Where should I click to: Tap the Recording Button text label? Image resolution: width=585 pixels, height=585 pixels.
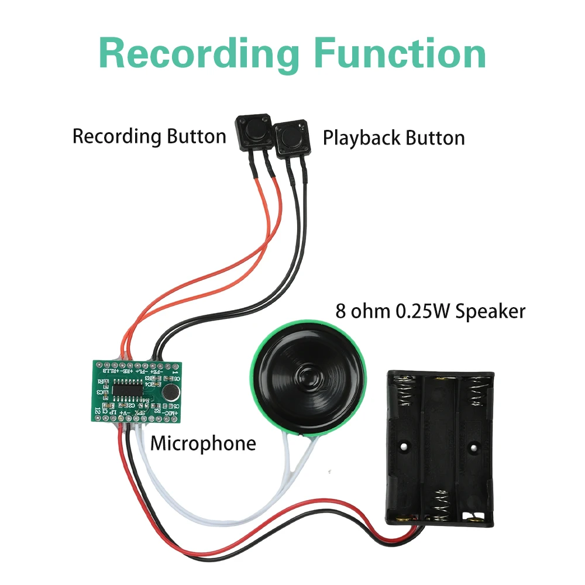tap(149, 136)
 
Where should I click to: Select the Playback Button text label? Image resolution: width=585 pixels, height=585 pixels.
tap(394, 138)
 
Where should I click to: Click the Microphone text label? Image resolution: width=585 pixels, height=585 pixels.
tap(203, 443)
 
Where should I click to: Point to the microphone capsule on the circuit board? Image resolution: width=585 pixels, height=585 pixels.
tap(171, 393)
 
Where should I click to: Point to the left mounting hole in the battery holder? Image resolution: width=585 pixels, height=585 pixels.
tap(404, 448)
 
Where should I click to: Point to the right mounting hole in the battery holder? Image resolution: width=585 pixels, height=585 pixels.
tap(470, 448)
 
